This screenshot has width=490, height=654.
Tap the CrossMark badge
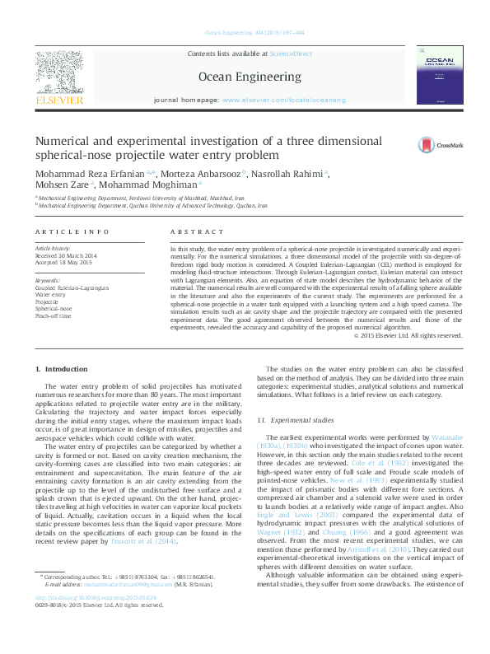[439, 145]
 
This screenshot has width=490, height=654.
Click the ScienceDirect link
[291, 53]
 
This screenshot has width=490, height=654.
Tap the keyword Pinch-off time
[53, 315]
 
